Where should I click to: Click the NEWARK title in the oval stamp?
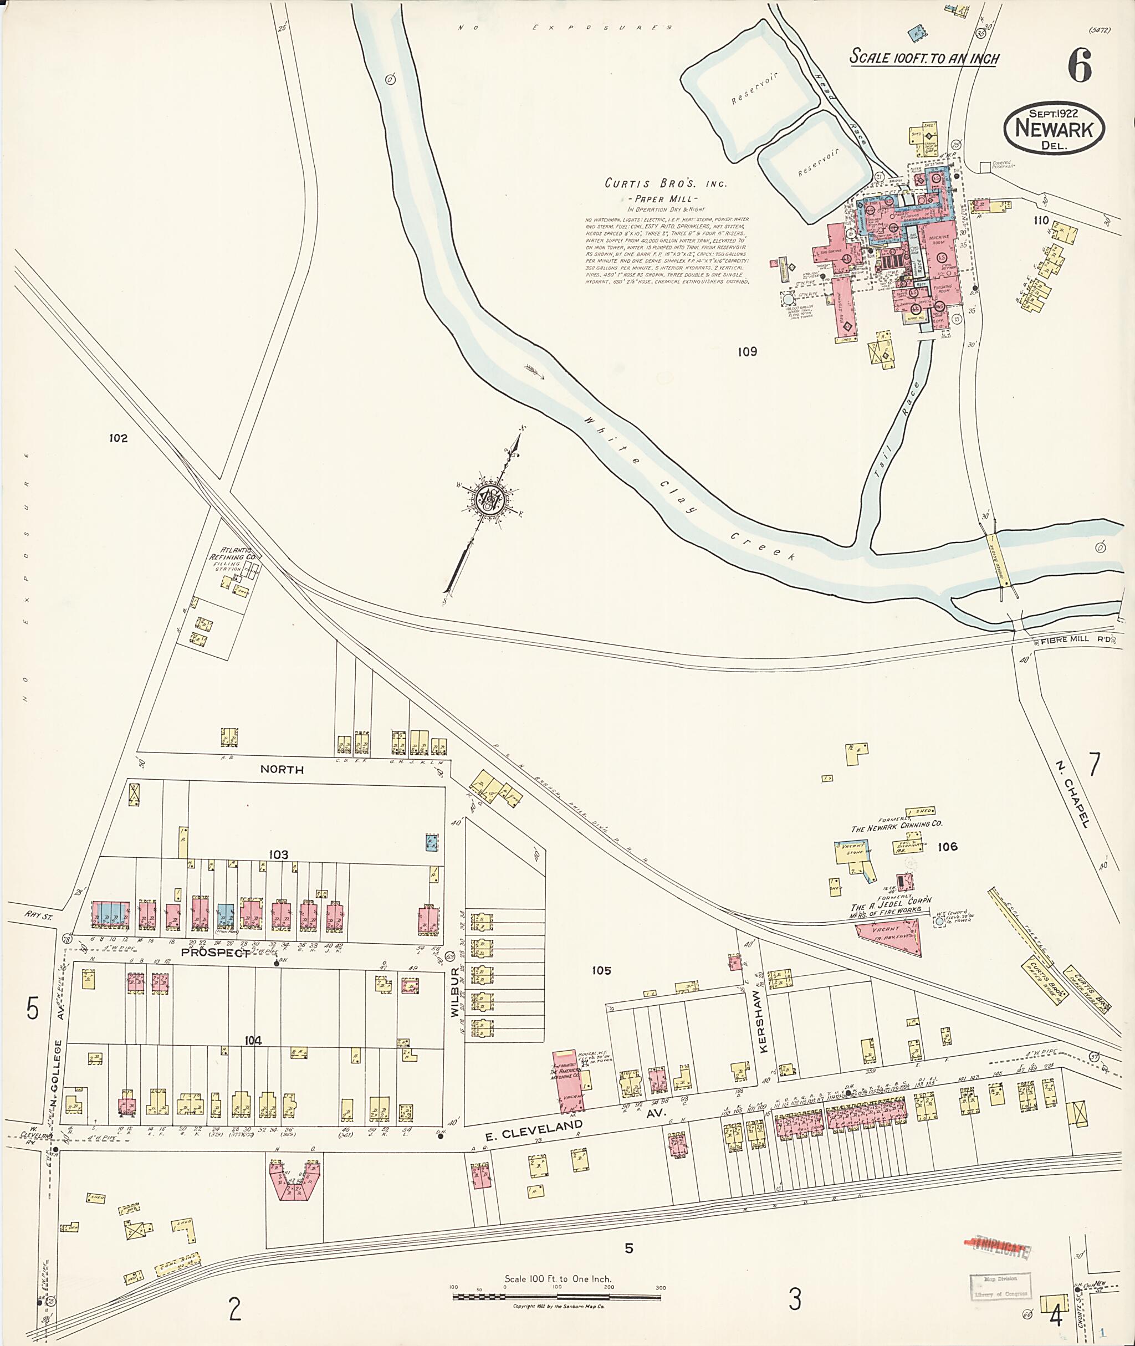pos(1054,129)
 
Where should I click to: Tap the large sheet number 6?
pos(1080,66)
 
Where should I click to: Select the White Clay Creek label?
pos(688,488)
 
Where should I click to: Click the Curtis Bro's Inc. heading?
pos(665,183)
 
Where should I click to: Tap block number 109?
pos(747,352)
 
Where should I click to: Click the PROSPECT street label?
pos(224,954)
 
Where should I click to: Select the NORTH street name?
pos(282,770)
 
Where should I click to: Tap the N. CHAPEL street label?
pos(1072,794)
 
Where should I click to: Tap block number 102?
pos(119,438)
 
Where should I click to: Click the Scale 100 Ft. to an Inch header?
pos(924,57)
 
